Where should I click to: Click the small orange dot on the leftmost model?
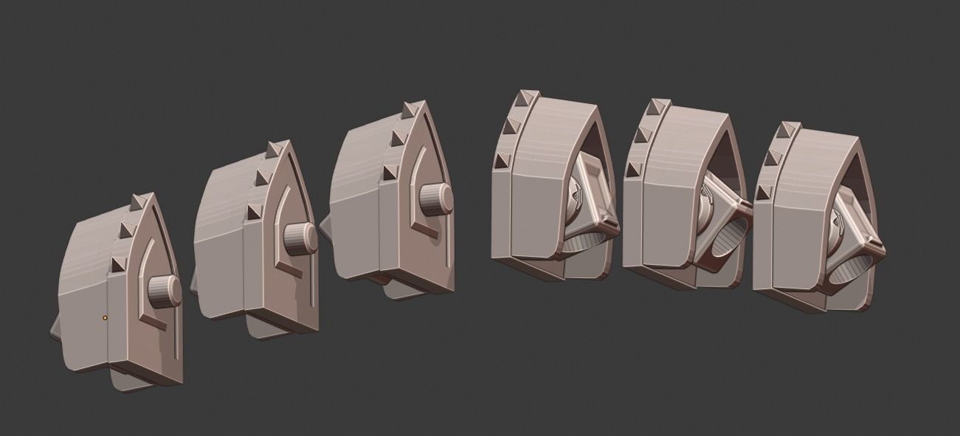tap(106, 318)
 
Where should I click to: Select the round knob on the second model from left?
tap(300, 238)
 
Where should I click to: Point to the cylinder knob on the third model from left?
tap(436, 198)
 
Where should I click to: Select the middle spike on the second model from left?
tap(261, 177)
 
